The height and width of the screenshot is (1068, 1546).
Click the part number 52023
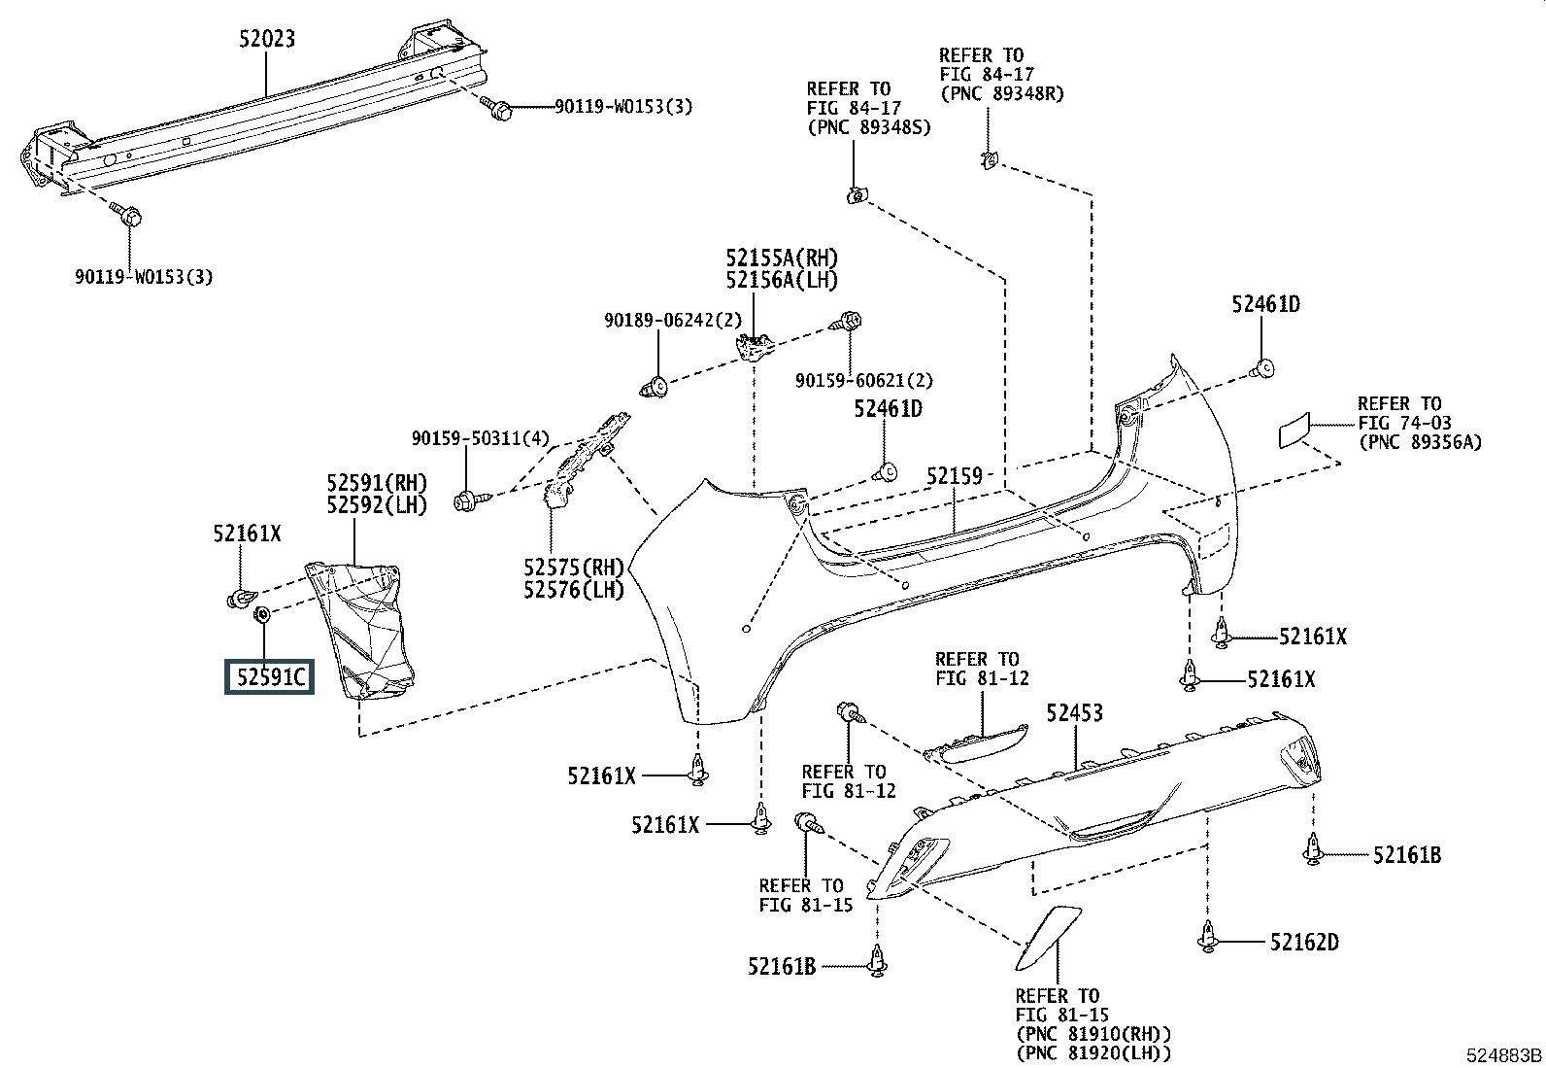coord(267,39)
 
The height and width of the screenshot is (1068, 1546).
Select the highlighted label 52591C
coord(270,677)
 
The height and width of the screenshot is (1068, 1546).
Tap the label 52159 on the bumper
coord(954,476)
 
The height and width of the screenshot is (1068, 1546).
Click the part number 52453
coord(1075,713)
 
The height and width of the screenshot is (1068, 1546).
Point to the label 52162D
coord(1304,943)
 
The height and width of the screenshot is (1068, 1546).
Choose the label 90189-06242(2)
coord(673,321)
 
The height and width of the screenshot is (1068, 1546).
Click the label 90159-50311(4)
coord(481,438)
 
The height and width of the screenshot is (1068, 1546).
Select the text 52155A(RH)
coord(782,258)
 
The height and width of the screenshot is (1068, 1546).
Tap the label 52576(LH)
coord(574,590)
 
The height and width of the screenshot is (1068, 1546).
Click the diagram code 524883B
coord(1504,1054)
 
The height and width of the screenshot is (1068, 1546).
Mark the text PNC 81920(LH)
coord(1093,1053)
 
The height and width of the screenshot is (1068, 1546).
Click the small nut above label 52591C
coord(262,613)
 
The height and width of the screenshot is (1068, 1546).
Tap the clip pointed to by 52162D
coord(1207,939)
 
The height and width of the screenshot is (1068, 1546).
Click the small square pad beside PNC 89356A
coord(1294,431)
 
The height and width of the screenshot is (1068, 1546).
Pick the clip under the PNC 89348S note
coord(856,196)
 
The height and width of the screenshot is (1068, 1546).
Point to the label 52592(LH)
coord(377,505)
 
